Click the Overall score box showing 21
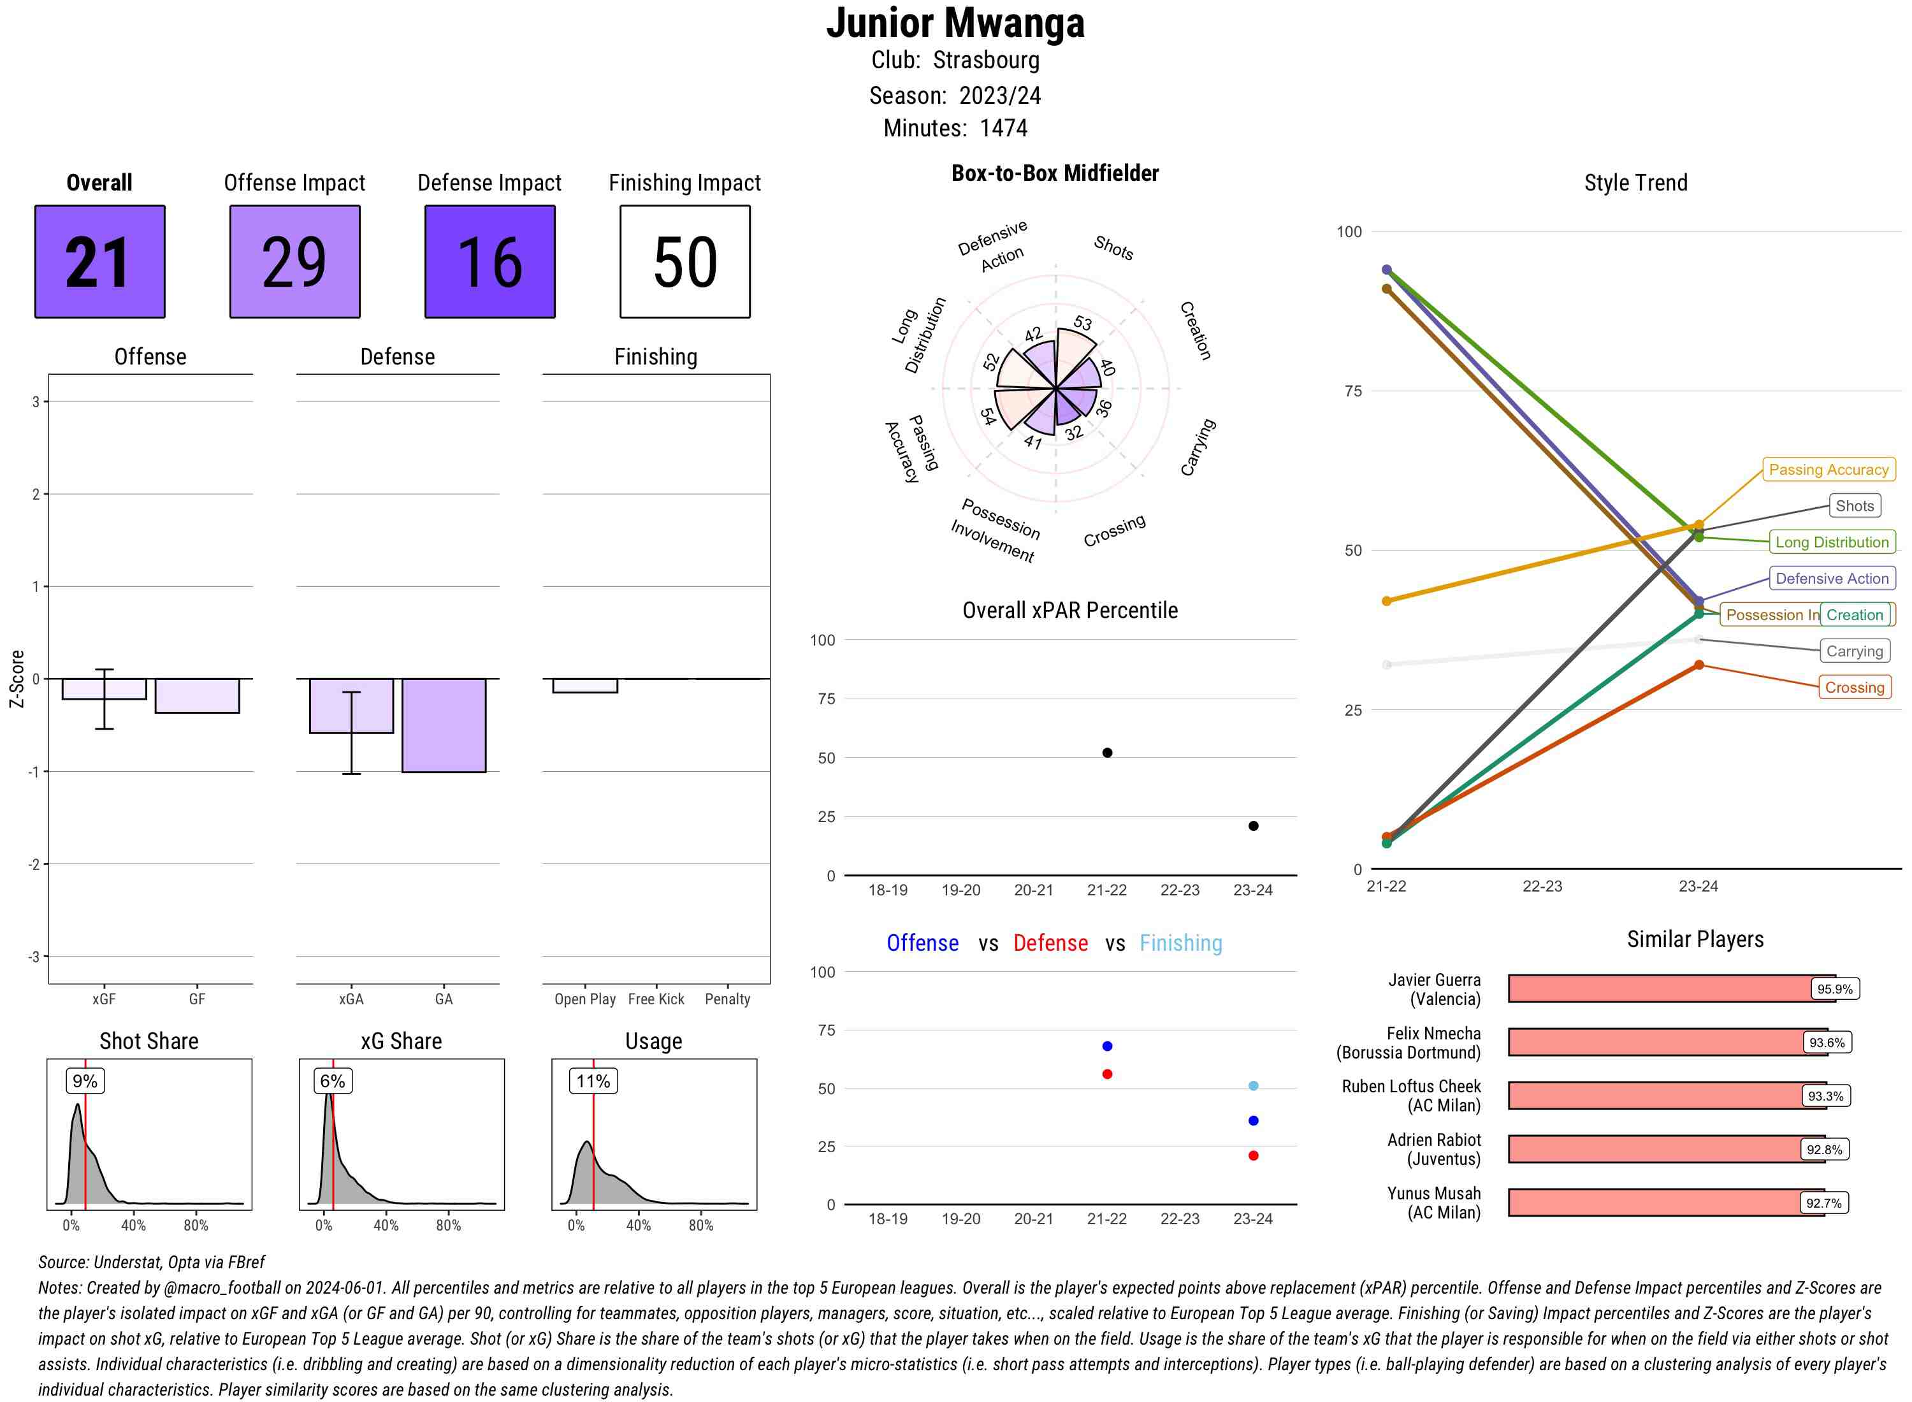click(99, 261)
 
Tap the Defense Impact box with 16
click(489, 261)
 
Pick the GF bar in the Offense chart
click(197, 696)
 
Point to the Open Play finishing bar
click(584, 686)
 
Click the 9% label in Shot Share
click(85, 1081)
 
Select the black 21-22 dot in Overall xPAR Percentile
click(1106, 753)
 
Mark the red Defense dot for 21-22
click(1106, 1074)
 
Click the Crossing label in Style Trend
click(1853, 688)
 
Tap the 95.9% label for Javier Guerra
click(1834, 988)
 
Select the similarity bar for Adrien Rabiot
click(1655, 1149)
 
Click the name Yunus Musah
click(1433, 1193)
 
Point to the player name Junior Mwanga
click(955, 23)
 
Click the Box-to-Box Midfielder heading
click(1054, 173)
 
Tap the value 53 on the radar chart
click(1082, 323)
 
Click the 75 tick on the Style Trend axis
click(1353, 391)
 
